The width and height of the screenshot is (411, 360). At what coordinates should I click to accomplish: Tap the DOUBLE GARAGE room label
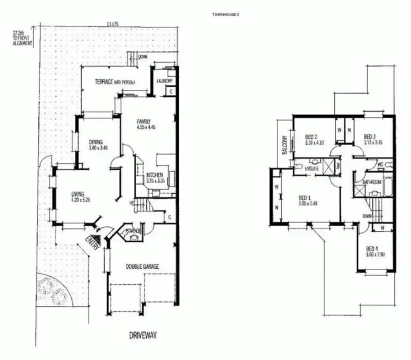pyautogui.click(x=142, y=267)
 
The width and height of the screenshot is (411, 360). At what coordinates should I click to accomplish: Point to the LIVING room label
pyautogui.click(x=78, y=193)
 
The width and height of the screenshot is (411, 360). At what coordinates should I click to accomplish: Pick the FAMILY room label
pyautogui.click(x=144, y=122)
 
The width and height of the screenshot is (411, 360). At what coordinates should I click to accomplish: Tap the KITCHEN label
pyautogui.click(x=153, y=175)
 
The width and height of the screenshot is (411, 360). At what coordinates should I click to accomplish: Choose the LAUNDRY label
pyautogui.click(x=164, y=82)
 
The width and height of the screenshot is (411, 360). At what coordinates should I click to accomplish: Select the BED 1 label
pyautogui.click(x=305, y=198)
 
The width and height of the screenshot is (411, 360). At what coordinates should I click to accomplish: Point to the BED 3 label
pyautogui.click(x=370, y=136)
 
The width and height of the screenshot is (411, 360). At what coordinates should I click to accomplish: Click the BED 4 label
pyautogui.click(x=373, y=248)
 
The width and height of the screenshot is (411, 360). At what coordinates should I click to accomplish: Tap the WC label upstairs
pyautogui.click(x=380, y=163)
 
